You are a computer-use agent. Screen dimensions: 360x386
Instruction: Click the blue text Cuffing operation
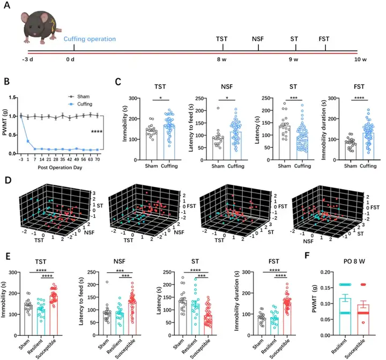(x=90, y=39)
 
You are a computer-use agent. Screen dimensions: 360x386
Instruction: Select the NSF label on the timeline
(x=258, y=39)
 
